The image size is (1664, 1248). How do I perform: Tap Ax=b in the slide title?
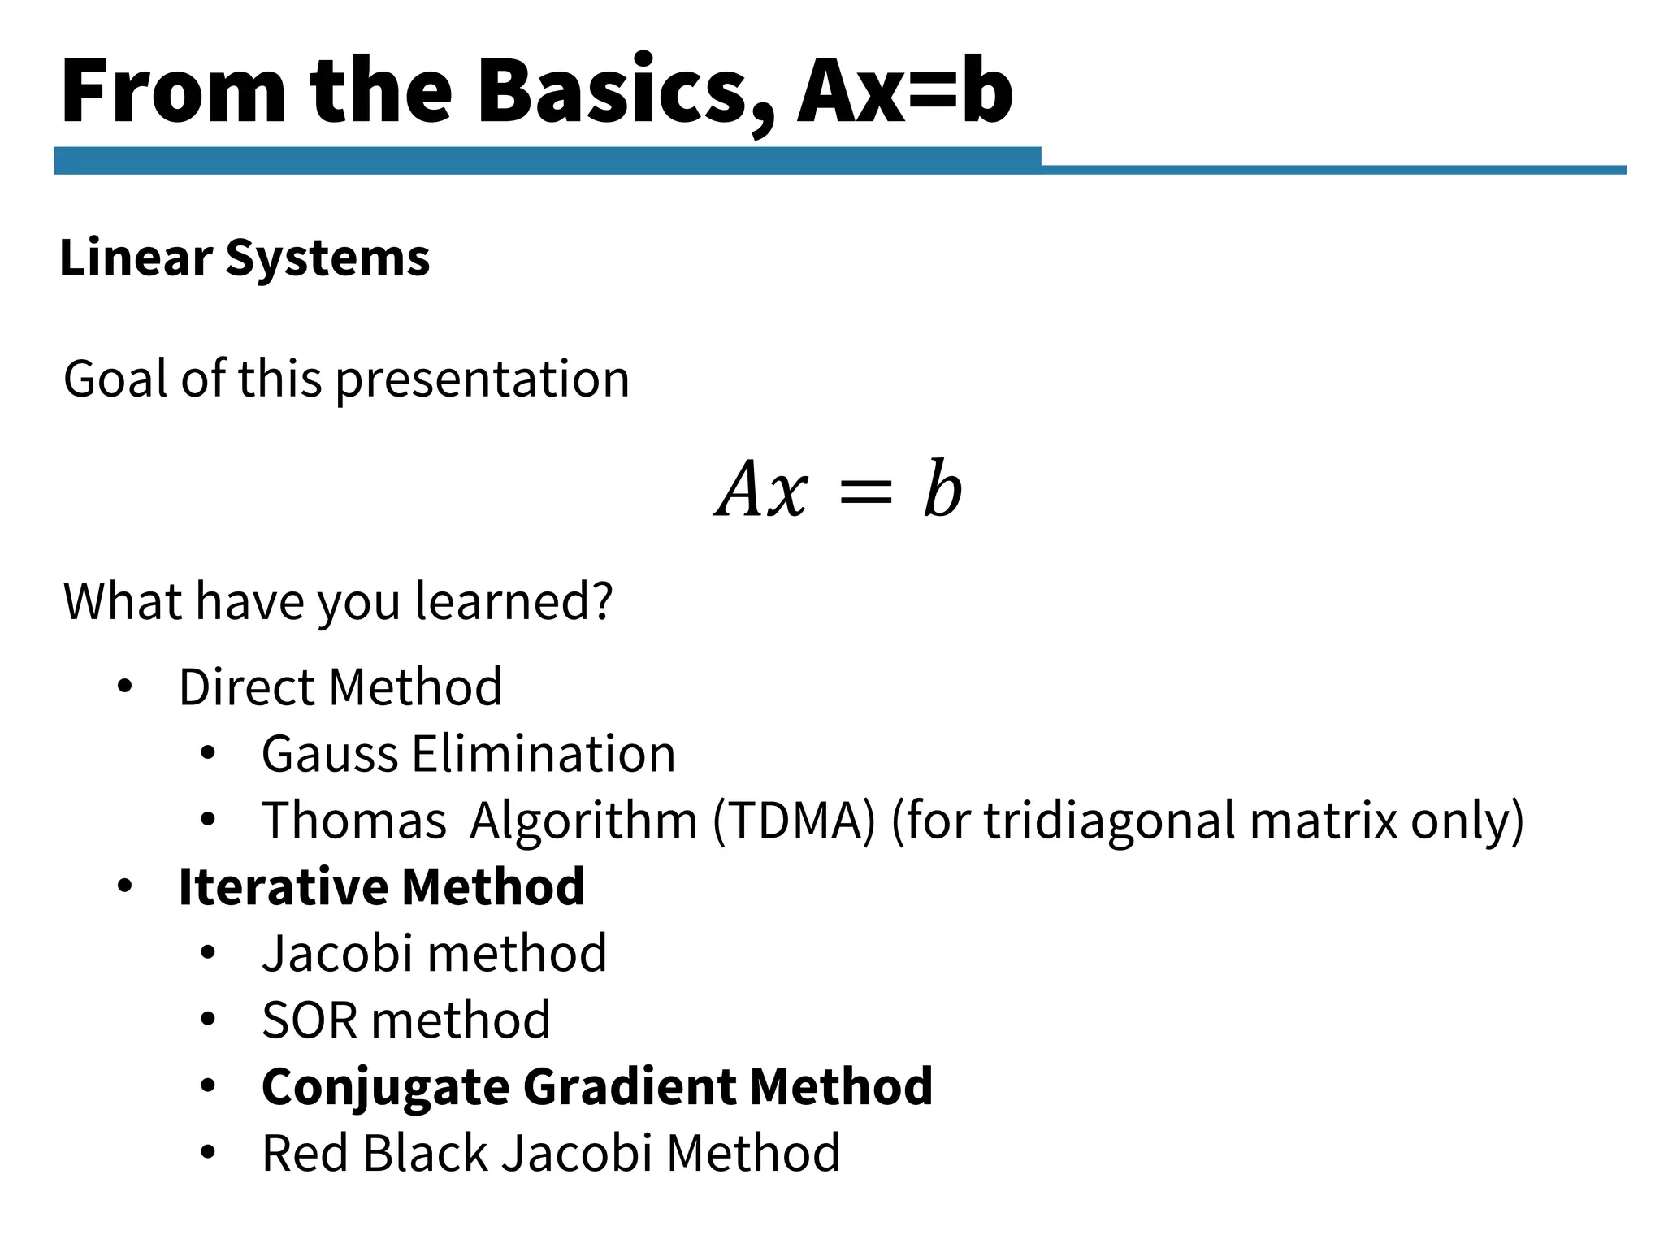[904, 91]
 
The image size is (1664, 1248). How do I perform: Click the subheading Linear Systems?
[245, 258]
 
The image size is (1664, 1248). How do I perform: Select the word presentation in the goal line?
[483, 379]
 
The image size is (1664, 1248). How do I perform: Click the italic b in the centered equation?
[942, 489]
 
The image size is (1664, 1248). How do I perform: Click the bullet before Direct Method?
[124, 687]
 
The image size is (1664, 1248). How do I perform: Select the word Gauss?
[330, 754]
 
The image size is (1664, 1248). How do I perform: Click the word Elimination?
[544, 754]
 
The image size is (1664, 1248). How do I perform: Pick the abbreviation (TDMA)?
[795, 821]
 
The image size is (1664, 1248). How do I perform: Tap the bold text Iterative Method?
[381, 886]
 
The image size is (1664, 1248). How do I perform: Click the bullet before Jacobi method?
[208, 953]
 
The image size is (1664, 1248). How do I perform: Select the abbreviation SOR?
[309, 1020]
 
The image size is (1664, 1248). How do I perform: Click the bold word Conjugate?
[384, 1087]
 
